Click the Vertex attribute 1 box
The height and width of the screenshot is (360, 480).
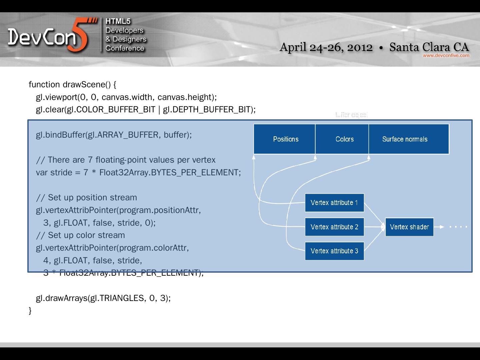[334, 203]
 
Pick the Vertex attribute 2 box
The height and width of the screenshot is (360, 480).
[334, 227]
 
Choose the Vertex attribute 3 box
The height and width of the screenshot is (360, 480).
[334, 251]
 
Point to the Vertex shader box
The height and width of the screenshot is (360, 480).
[409, 227]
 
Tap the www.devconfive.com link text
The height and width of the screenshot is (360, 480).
[446, 55]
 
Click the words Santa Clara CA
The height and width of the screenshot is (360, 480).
[429, 47]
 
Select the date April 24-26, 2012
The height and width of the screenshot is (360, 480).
[326, 47]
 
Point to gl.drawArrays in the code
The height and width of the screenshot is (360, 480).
[62, 298]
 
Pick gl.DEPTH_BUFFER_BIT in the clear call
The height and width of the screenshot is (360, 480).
[206, 110]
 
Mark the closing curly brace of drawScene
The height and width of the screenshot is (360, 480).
[30, 311]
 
